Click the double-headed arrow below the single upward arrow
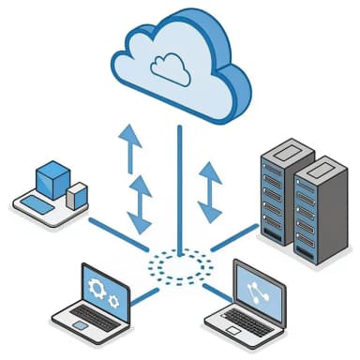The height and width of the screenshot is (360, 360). click(140, 205)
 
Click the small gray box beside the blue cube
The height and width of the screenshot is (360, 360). click(77, 195)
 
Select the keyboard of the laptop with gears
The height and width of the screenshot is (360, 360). click(93, 322)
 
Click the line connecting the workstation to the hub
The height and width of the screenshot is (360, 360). click(118, 234)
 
